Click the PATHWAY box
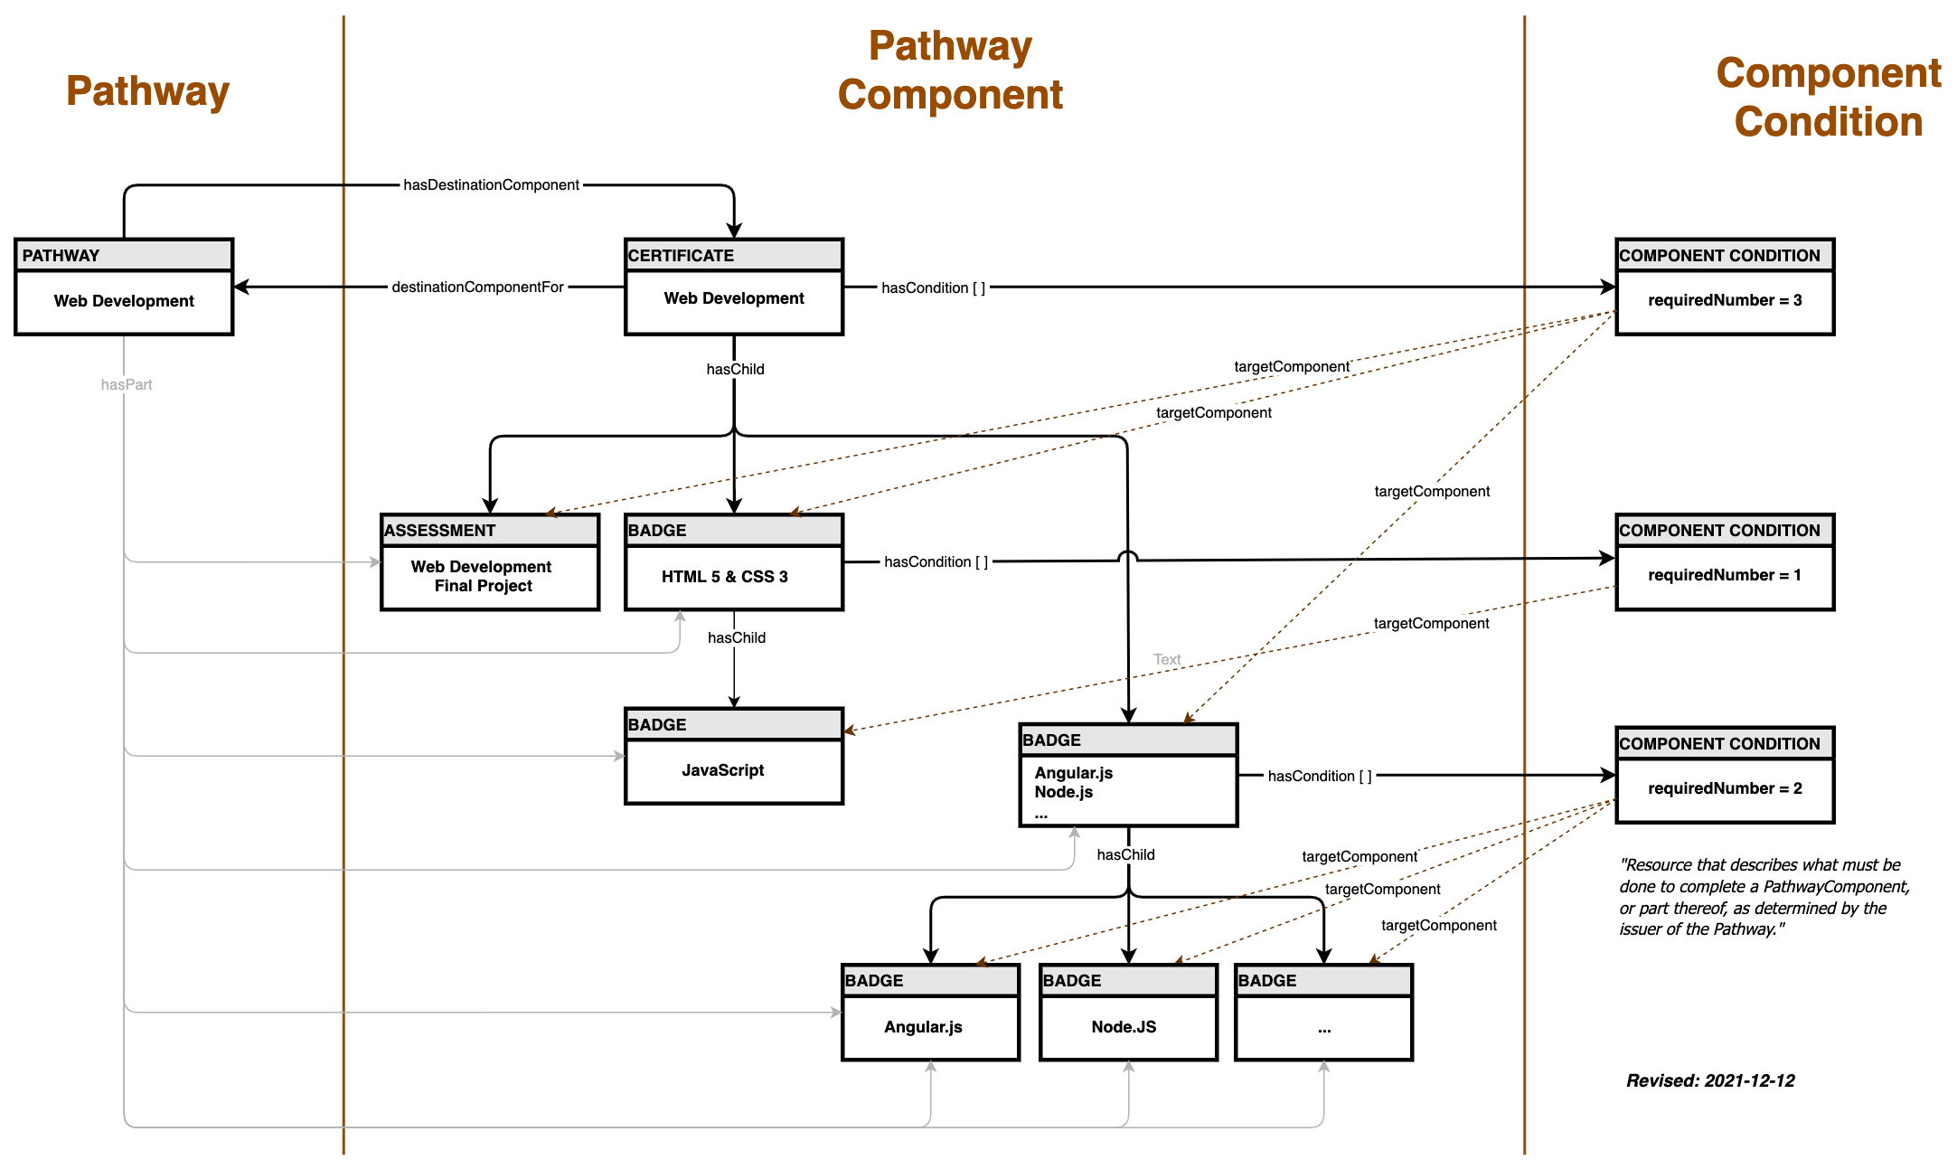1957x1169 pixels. pos(124,255)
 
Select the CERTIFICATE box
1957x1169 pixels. pos(733,255)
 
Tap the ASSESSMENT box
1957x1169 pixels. pos(489,530)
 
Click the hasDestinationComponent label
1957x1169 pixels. pos(491,185)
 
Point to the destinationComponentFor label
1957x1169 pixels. pos(477,288)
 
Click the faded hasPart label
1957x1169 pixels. pos(127,384)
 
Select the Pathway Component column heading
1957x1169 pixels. pos(950,71)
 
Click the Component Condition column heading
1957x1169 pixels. pos(1828,98)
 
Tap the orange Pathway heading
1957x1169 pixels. pos(147,90)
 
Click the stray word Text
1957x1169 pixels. pos(1167,659)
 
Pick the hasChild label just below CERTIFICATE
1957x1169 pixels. pos(735,369)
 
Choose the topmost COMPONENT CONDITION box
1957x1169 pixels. pos(1724,255)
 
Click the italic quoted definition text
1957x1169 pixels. pos(1763,896)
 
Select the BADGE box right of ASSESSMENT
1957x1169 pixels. pos(733,530)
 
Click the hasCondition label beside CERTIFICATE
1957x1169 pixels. pos(933,288)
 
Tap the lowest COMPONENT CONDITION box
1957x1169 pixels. pos(1724,743)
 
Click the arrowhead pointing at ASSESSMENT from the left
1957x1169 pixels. pos(375,562)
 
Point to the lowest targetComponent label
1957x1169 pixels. pos(1439,925)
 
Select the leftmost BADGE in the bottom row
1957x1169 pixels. pos(930,980)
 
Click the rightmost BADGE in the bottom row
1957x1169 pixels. pos(1323,980)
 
